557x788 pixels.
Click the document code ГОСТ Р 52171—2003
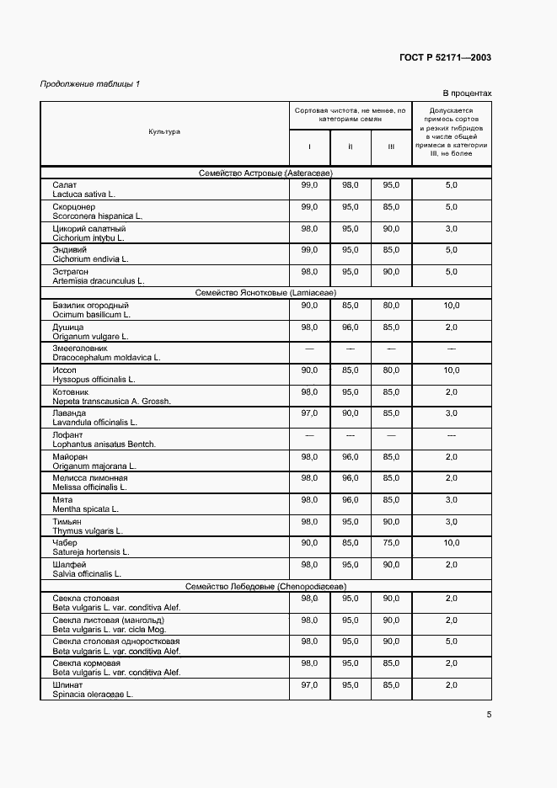point(445,58)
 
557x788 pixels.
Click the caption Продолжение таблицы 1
point(90,84)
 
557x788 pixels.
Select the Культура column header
point(164,132)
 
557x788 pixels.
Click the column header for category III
point(391,146)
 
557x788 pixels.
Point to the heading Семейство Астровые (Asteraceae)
point(265,173)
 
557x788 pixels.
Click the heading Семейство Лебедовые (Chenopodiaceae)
point(265,586)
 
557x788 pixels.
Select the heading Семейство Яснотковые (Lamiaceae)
point(265,293)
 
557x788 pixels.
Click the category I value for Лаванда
point(309,413)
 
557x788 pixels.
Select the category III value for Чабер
point(391,543)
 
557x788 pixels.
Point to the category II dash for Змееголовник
point(351,348)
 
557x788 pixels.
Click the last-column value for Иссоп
point(451,370)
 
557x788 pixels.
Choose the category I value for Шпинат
point(309,684)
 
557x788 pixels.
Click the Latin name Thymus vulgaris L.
point(88,531)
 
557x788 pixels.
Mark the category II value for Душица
point(351,327)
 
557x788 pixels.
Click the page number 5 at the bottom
point(489,716)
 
